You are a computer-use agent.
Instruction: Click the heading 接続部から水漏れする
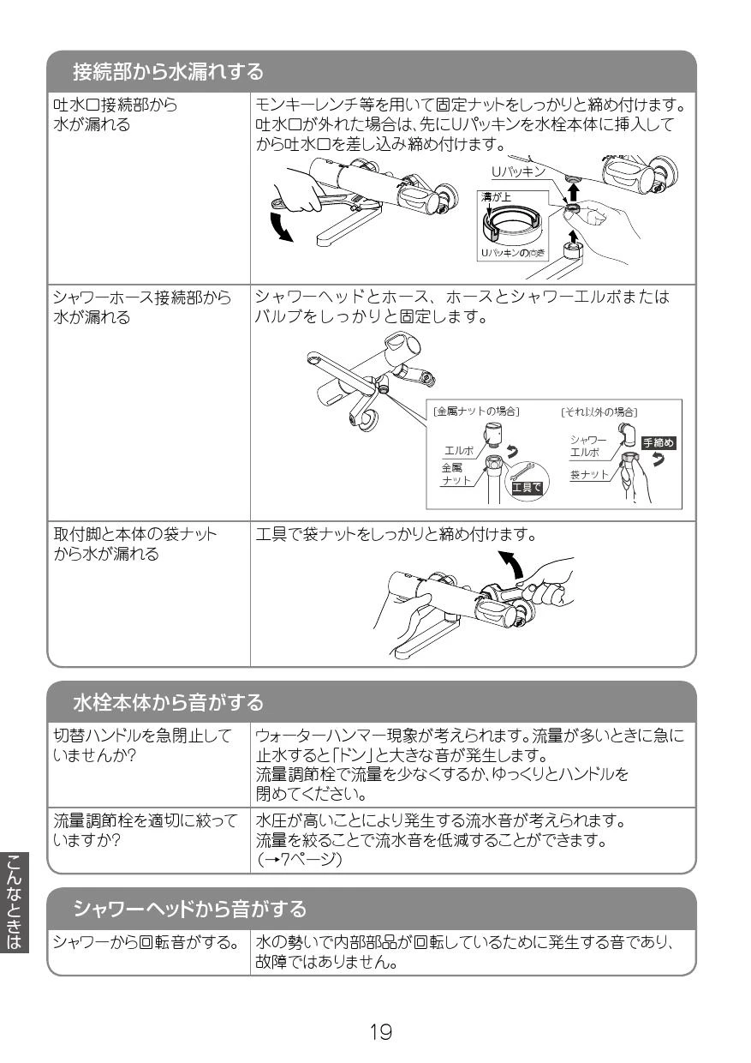(167, 71)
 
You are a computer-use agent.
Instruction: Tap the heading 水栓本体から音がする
(167, 704)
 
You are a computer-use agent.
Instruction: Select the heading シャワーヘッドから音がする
(189, 908)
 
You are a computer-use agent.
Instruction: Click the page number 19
(380, 1032)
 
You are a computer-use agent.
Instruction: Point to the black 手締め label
(659, 443)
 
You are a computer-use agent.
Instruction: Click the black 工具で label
(526, 488)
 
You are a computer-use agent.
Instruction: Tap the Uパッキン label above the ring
(519, 171)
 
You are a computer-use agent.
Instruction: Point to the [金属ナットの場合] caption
(477, 411)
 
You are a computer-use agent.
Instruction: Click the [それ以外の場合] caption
(599, 411)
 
